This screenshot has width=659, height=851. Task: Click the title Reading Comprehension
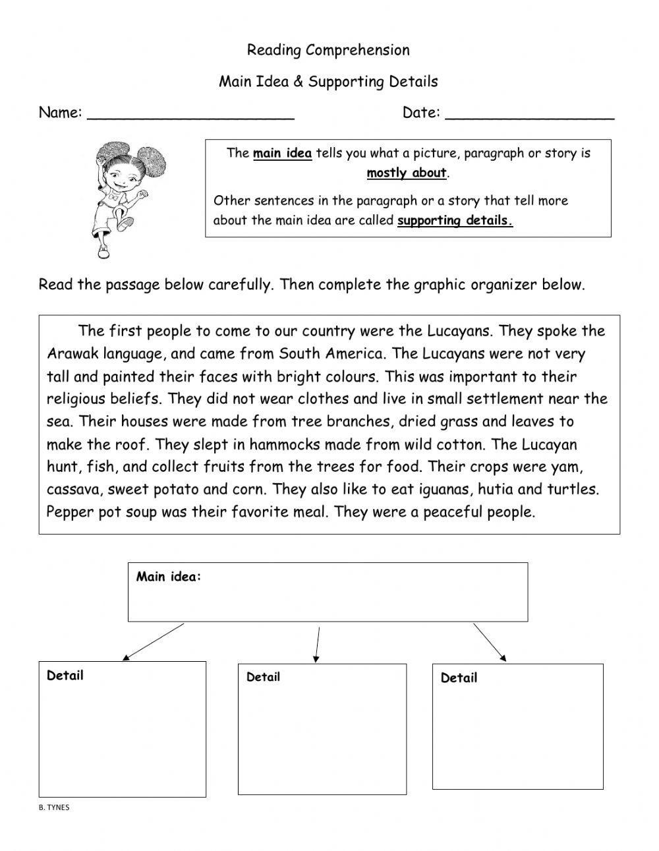(x=328, y=50)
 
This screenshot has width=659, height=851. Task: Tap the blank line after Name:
(x=190, y=117)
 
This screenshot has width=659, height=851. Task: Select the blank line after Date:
(x=529, y=117)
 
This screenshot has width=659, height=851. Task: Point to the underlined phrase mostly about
(x=407, y=173)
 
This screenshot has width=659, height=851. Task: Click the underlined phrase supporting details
(x=454, y=221)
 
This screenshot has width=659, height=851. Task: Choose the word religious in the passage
(x=76, y=399)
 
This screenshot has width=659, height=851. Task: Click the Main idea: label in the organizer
(x=168, y=577)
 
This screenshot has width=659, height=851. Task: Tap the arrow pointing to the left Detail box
(x=153, y=642)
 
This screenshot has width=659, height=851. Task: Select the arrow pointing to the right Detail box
(x=490, y=642)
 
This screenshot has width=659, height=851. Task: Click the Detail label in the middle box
(x=263, y=677)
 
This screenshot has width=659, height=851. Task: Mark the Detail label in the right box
(x=459, y=678)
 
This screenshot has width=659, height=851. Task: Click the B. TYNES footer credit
(x=54, y=807)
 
